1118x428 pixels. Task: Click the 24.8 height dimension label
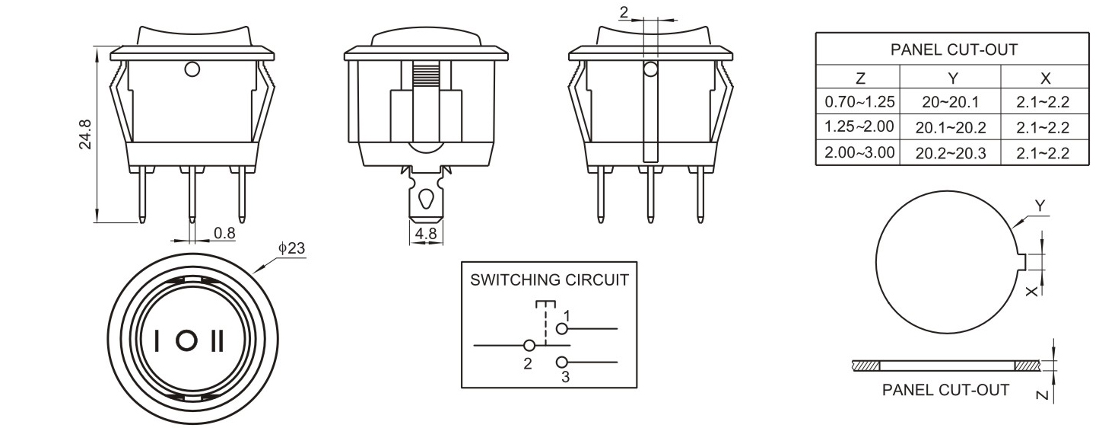[86, 134]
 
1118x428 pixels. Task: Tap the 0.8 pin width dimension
[224, 233]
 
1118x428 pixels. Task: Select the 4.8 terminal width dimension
[427, 234]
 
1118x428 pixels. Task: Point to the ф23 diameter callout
[292, 248]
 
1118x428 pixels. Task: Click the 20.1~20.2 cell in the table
[950, 127]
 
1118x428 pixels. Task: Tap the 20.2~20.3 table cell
[950, 153]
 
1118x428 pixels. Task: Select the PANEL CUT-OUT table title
[953, 50]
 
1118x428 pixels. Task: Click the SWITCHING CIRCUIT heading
[549, 279]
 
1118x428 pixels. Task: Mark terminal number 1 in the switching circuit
[567, 315]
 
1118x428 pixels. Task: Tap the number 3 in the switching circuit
[565, 376]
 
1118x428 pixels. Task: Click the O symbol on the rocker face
[186, 341]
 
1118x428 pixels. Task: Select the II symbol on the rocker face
[218, 341]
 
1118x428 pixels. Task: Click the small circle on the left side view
[192, 71]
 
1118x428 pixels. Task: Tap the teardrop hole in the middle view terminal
[426, 200]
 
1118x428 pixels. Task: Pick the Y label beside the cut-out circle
[1040, 206]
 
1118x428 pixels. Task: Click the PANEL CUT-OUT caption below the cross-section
[945, 390]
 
